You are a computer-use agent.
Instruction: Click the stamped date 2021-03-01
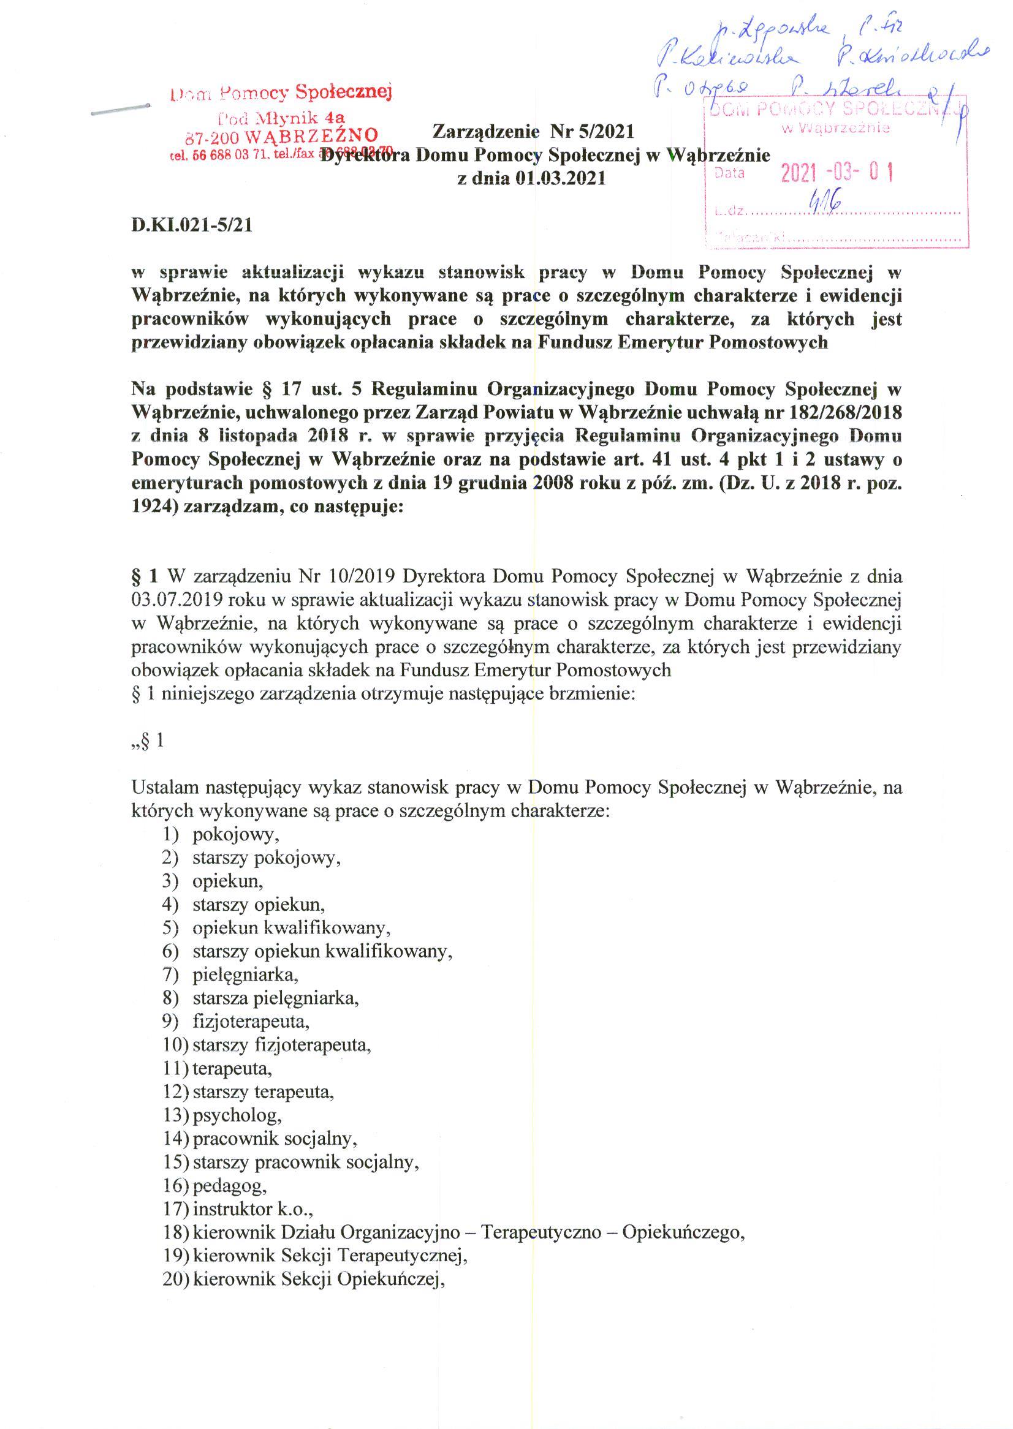click(x=837, y=173)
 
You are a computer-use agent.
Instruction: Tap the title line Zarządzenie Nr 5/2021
click(x=533, y=132)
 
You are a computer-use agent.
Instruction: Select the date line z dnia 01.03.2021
click(x=531, y=178)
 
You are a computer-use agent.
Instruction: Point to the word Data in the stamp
click(x=730, y=173)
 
